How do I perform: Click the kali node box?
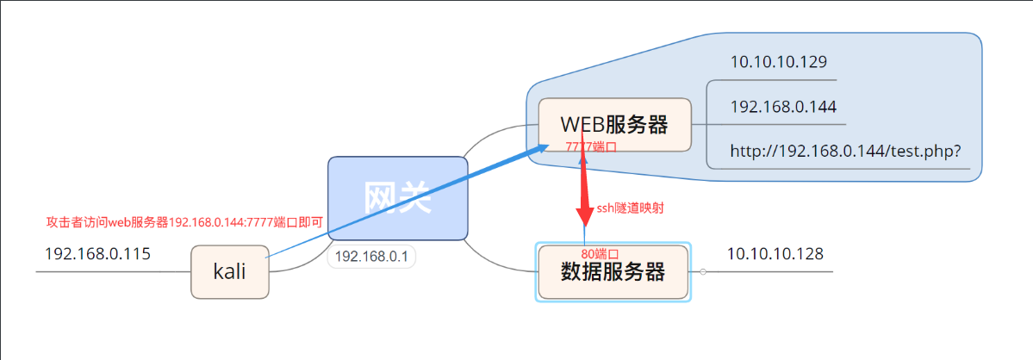[229, 272]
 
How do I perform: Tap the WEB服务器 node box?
[614, 124]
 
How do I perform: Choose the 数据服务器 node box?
[613, 272]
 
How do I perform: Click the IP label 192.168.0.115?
[97, 254]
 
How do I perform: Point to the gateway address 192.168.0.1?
[370, 257]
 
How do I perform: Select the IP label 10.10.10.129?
[778, 62]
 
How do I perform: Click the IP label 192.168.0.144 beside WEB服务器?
[782, 107]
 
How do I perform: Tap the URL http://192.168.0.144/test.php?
[844, 152]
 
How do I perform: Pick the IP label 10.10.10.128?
[775, 254]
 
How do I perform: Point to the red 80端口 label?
[600, 254]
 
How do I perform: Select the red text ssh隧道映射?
[630, 208]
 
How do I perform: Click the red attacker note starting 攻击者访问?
[184, 222]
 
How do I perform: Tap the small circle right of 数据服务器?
[703, 272]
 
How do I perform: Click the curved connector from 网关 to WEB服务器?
[491, 135]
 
